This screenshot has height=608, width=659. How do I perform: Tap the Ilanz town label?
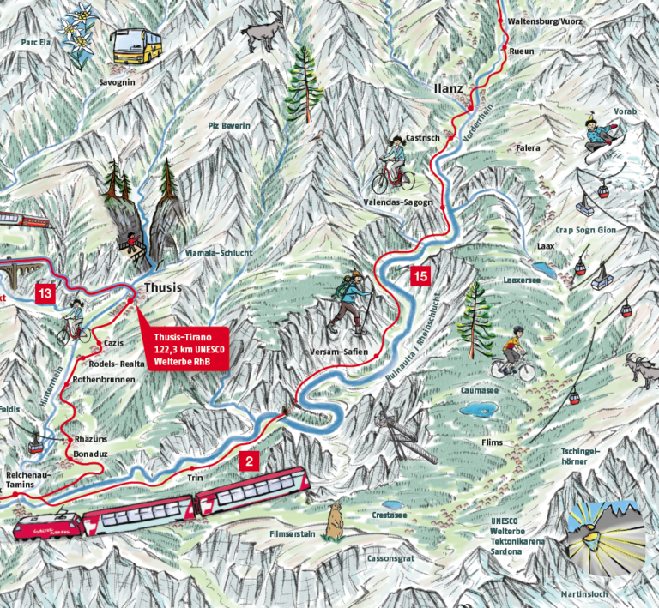[x=448, y=87]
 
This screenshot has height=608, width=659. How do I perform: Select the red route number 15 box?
[x=420, y=276]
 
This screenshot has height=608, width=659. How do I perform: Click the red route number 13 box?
[x=45, y=294]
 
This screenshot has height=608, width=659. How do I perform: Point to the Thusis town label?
[x=163, y=287]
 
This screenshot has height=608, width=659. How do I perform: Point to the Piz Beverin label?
[x=229, y=126]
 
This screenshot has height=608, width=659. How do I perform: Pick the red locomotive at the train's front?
[x=47, y=525]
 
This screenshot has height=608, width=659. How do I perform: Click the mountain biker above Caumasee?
[x=514, y=353]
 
